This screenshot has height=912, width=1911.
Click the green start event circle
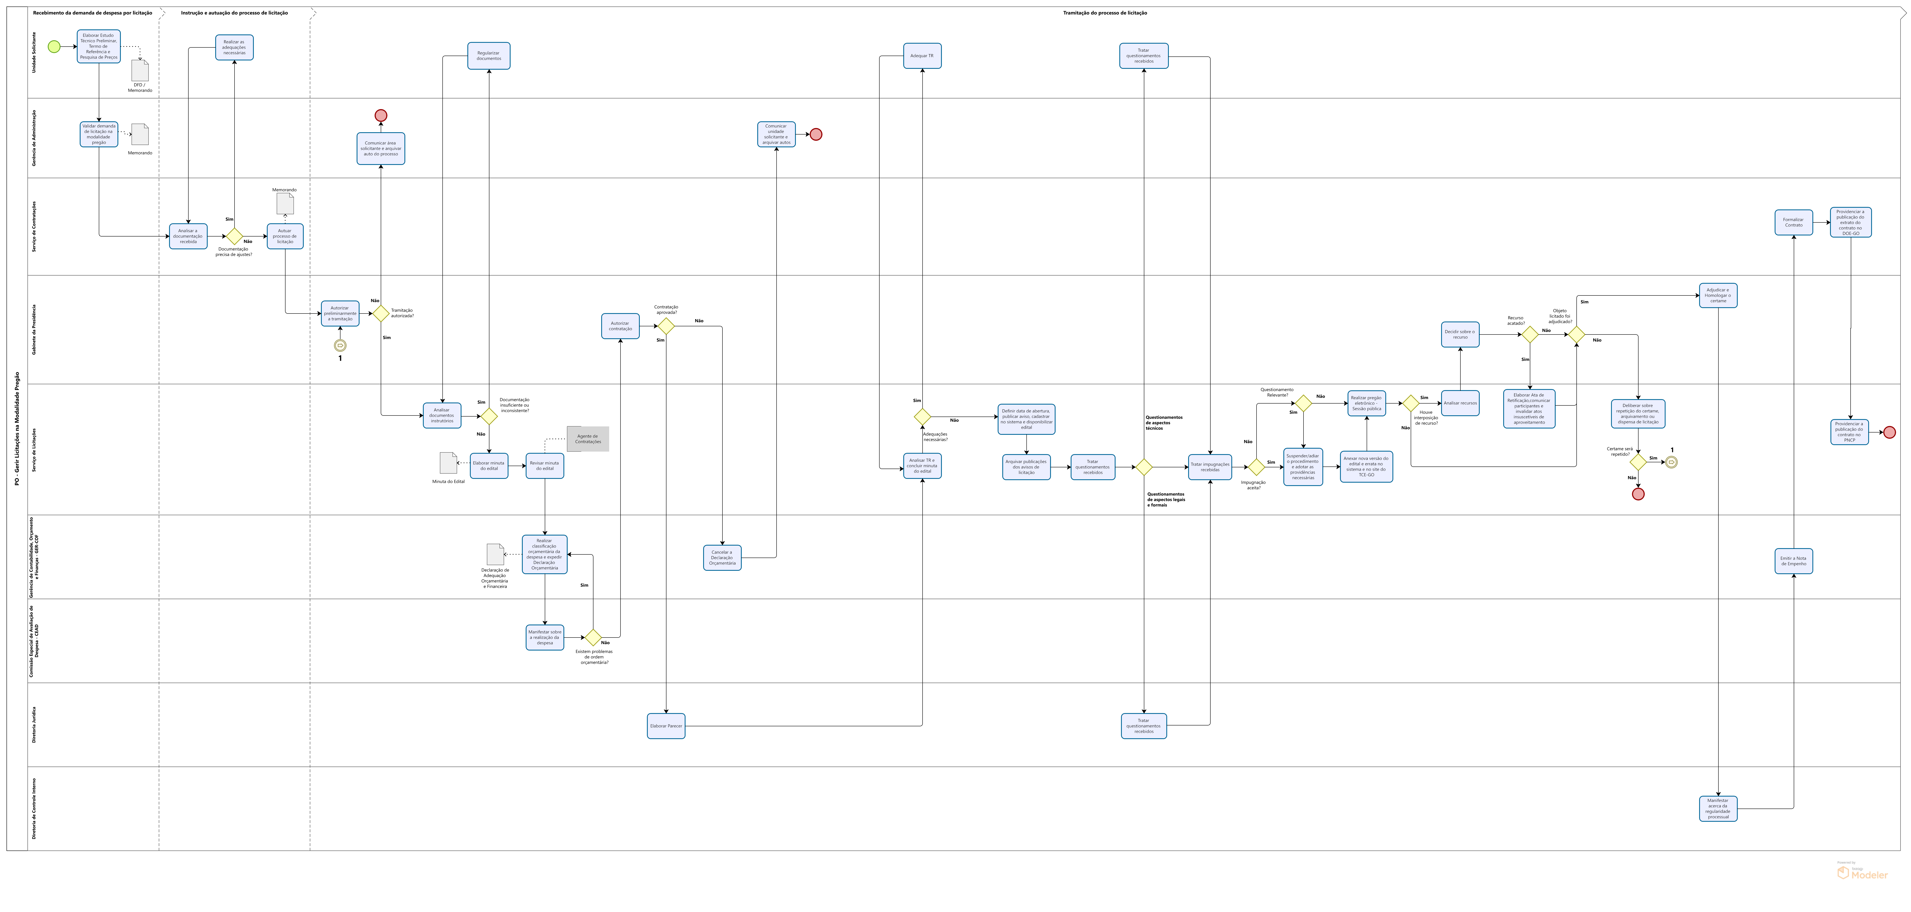tap(53, 47)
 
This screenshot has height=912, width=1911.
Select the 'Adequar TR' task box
tap(922, 56)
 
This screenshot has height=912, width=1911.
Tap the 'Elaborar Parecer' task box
tap(665, 726)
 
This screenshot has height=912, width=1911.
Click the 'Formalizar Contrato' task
tap(1793, 222)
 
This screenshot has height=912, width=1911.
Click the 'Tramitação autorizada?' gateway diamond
tap(381, 313)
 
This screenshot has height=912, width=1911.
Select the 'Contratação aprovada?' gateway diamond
tap(666, 326)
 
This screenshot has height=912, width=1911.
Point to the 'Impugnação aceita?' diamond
tap(1256, 467)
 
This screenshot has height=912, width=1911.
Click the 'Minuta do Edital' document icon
tap(448, 463)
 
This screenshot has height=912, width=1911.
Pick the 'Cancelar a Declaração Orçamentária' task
tap(722, 557)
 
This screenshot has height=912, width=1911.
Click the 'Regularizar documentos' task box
tap(489, 56)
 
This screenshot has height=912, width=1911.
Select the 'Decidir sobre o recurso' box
tap(1460, 335)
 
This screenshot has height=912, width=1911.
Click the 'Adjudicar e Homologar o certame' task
tap(1718, 295)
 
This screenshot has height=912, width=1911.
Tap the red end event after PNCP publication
tap(1889, 432)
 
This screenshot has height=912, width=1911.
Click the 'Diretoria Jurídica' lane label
tap(34, 724)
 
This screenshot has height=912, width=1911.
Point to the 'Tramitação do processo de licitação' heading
tap(1105, 13)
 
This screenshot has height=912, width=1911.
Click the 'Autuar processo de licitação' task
tap(285, 236)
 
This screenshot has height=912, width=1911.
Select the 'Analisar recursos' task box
tap(1460, 403)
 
